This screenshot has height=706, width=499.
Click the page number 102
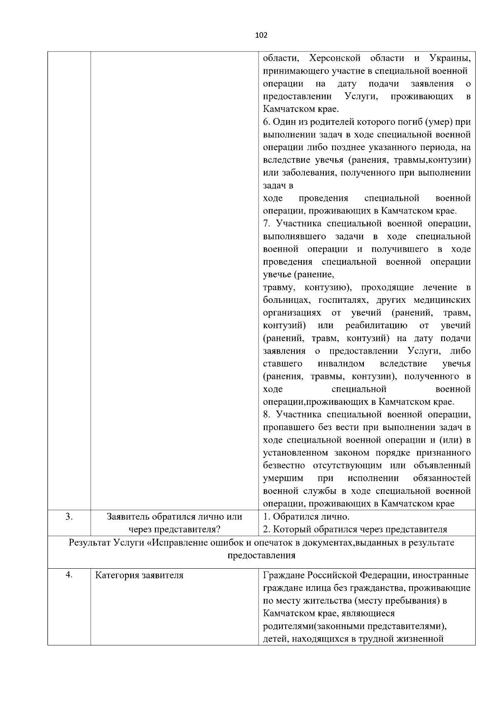point(261,35)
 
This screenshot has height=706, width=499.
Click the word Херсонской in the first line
point(335,58)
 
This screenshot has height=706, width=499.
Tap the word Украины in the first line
point(450,58)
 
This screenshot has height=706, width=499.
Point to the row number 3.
point(69,517)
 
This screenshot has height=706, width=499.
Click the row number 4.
point(69,575)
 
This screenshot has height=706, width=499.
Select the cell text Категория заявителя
point(139,575)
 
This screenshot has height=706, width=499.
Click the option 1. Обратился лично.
point(306,517)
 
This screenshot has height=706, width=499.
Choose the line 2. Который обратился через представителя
point(355,530)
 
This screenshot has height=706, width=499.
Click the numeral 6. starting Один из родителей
point(267,122)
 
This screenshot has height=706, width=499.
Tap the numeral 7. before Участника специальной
point(267,223)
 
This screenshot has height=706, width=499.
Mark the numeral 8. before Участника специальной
point(267,414)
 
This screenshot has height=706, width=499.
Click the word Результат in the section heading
point(89,543)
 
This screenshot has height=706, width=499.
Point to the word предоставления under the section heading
point(262,555)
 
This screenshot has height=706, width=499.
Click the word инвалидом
point(341,364)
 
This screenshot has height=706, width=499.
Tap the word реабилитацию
point(376,325)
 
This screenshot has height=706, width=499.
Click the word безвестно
point(284,465)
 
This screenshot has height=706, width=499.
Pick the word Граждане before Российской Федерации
point(284,575)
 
